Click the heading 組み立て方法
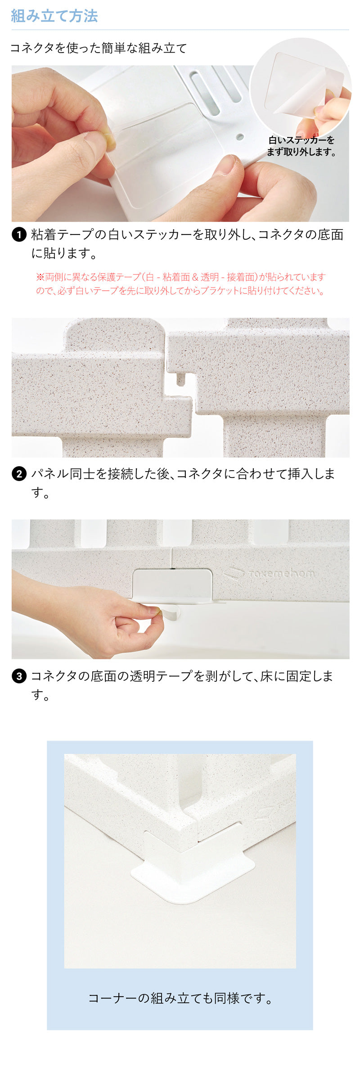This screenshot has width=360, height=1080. pos(54,16)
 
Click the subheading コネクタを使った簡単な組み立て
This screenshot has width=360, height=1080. pos(98,48)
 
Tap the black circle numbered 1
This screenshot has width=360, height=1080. pos(19,234)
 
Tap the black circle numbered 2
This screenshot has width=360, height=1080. pos(19,474)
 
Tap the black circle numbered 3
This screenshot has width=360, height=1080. pos(19,676)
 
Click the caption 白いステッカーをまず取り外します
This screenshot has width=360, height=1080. pos(301,146)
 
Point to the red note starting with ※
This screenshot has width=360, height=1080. pos(180,283)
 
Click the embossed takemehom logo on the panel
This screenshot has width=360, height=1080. pos(270,573)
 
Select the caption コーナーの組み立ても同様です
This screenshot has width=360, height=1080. pos(180,999)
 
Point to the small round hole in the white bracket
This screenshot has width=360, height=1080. pos(240,136)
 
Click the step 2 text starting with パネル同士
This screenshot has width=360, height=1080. pos(182,483)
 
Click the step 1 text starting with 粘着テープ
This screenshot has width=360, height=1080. pos(187,243)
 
